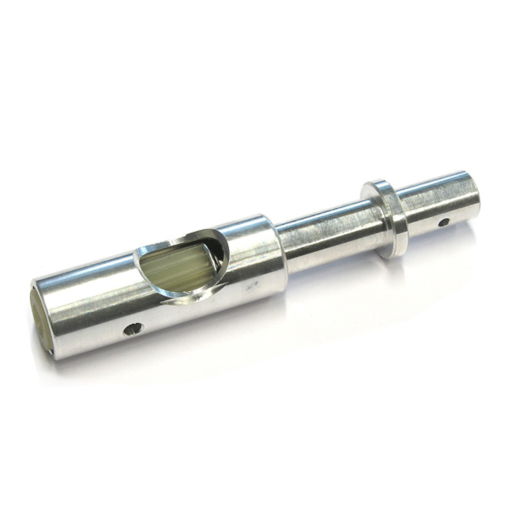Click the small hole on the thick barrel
tap(133, 329)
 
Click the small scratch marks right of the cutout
tap(254, 286)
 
